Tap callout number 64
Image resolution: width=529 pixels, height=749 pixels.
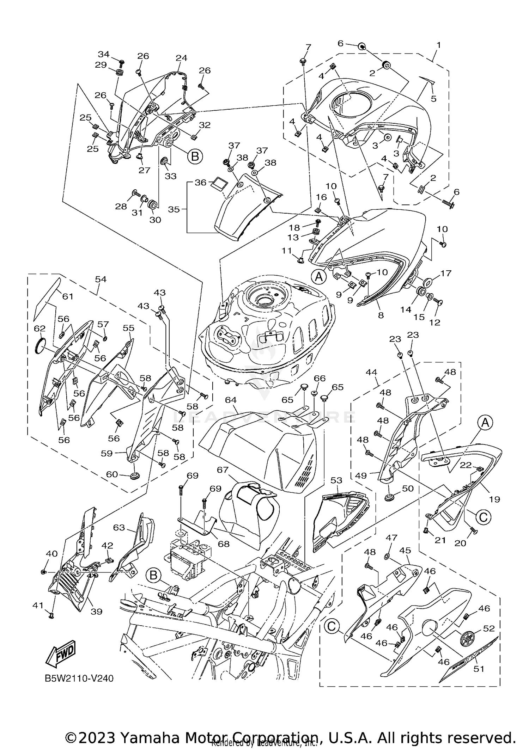pos(231,400)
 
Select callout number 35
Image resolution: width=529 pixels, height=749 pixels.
pos(174,209)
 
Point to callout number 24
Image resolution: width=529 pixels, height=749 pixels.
pos(181,58)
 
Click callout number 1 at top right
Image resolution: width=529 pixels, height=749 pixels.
pos(438,45)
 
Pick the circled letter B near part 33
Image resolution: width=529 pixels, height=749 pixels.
pos(195,156)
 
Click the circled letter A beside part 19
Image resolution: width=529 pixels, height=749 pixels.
pos(485,423)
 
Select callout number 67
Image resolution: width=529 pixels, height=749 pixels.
pos(223,469)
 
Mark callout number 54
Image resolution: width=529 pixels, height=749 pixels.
pos(101,279)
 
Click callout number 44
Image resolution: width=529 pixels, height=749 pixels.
pos(371,372)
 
